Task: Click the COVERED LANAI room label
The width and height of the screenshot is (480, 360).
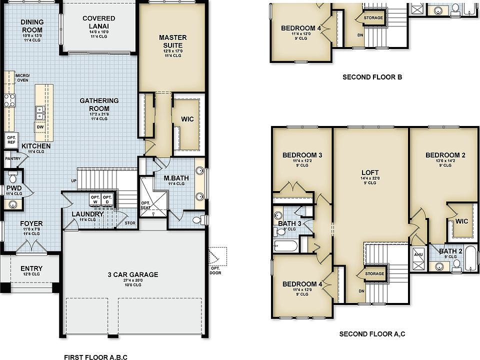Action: click(99, 22)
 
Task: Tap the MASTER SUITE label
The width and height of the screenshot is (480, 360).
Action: click(172, 41)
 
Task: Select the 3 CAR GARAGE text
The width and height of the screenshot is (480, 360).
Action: click(133, 274)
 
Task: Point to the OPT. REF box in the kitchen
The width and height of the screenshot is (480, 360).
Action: click(11, 139)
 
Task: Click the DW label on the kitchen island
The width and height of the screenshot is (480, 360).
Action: click(39, 127)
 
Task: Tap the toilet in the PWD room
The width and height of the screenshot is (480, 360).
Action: click(13, 177)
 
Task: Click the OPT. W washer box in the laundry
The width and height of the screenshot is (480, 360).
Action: click(95, 199)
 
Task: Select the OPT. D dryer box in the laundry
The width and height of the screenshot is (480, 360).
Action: click(107, 199)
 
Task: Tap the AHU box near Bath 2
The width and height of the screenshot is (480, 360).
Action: click(418, 254)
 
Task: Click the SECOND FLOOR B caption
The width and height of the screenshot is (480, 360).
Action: click(372, 77)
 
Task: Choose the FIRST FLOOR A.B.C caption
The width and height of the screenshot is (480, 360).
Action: click(95, 357)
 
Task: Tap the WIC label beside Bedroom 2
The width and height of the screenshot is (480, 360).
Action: click(461, 220)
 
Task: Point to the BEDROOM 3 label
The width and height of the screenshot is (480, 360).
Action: click(302, 155)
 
